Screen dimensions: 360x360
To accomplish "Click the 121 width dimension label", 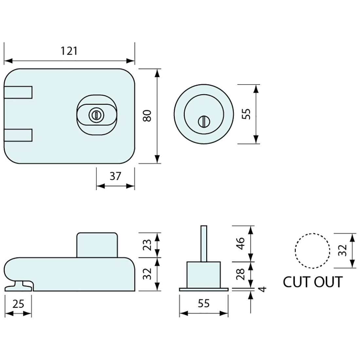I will point(69,51).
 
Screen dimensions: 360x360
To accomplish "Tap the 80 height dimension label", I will point(148,116).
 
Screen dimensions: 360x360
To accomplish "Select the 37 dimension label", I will point(115,176).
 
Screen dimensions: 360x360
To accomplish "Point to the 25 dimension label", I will point(18,304).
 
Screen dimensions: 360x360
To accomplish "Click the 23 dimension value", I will point(148,245).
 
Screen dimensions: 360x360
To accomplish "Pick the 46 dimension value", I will point(241,243).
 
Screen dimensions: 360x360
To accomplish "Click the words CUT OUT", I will point(313,282).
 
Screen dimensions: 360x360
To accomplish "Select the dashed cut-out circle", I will point(312,251).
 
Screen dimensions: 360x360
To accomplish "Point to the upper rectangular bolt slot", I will point(18,92).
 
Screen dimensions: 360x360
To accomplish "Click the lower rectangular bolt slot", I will point(18,135).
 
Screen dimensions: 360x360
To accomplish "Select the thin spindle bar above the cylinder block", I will point(204,243).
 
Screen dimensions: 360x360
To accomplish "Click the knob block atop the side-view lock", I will point(97,245).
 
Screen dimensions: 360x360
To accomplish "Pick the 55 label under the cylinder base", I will point(204,304).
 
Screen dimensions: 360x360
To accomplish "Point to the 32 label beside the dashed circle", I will point(342,250).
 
